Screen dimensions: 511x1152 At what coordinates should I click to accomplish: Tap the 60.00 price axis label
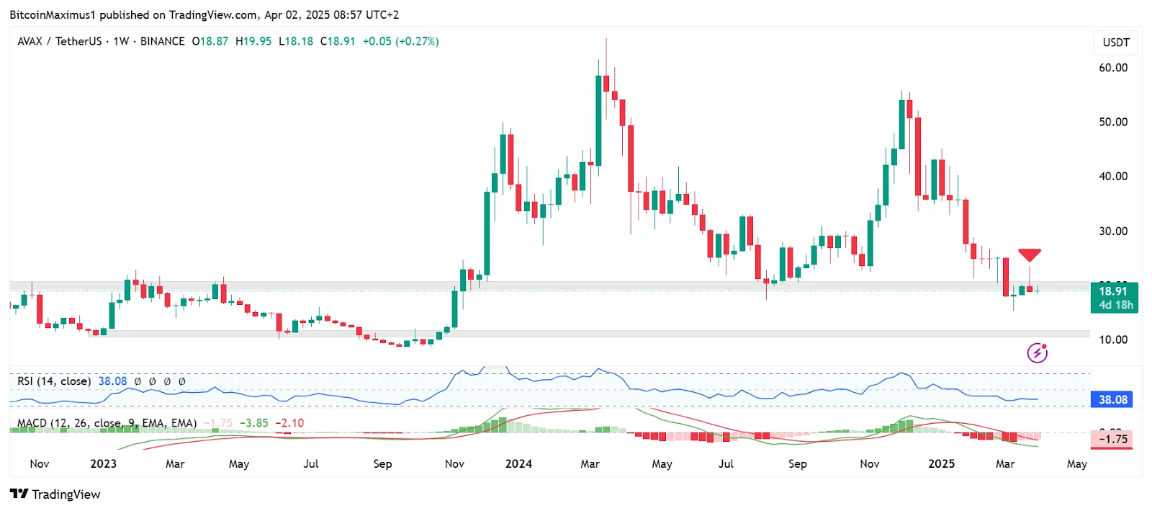pyautogui.click(x=1113, y=68)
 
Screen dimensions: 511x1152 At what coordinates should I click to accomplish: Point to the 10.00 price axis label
pyautogui.click(x=1113, y=339)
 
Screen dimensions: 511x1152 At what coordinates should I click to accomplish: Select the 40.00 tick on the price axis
pyautogui.click(x=1113, y=176)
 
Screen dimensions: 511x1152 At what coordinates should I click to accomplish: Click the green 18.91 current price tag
pyautogui.click(x=1114, y=298)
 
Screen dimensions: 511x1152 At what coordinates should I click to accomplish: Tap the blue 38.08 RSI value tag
pyautogui.click(x=1112, y=399)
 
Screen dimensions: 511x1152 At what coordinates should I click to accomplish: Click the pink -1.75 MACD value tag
pyautogui.click(x=1112, y=439)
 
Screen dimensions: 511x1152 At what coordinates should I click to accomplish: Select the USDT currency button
pyautogui.click(x=1116, y=43)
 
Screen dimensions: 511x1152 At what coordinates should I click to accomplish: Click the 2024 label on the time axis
pyautogui.click(x=518, y=463)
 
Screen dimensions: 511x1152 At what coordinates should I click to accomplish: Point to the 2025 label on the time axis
pyautogui.click(x=941, y=463)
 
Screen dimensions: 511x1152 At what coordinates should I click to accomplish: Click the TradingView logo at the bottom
pyautogui.click(x=55, y=494)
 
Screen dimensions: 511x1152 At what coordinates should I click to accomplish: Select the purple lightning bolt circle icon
pyautogui.click(x=1037, y=352)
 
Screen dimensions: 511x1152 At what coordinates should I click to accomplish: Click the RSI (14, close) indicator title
pyautogui.click(x=54, y=381)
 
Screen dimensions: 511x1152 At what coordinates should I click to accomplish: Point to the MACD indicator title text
pyautogui.click(x=107, y=423)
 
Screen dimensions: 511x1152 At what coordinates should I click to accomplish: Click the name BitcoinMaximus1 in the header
pyautogui.click(x=53, y=14)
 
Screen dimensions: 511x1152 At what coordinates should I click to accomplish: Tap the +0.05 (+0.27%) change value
pyautogui.click(x=400, y=41)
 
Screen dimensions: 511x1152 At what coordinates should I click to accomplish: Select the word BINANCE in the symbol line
pyautogui.click(x=162, y=41)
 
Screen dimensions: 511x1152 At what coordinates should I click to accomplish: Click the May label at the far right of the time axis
pyautogui.click(x=1076, y=463)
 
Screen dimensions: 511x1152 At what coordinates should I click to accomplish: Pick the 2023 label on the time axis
pyautogui.click(x=103, y=463)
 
